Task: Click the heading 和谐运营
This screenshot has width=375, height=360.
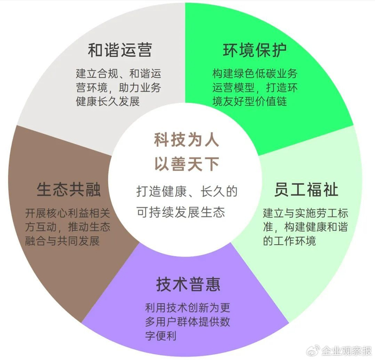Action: pos(120,50)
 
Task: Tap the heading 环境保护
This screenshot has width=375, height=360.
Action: pos(254,50)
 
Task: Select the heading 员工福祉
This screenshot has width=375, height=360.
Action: pos(306,190)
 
